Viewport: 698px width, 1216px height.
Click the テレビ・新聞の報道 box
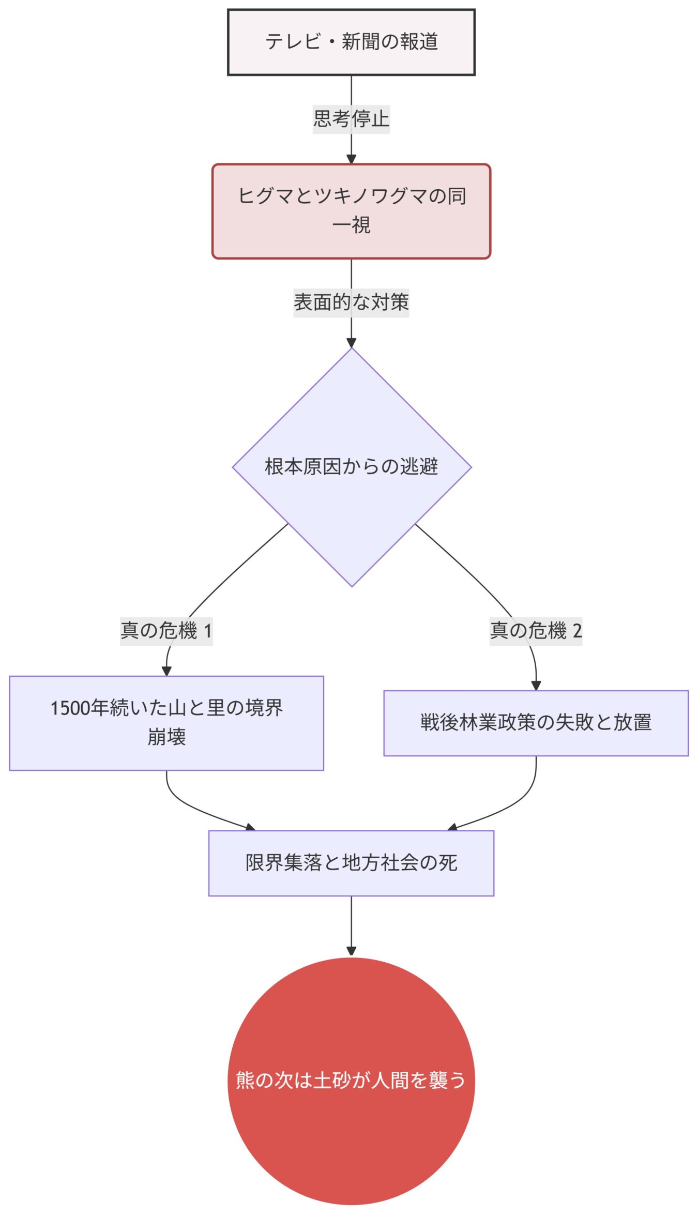point(351,42)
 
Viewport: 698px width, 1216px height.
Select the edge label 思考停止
point(351,119)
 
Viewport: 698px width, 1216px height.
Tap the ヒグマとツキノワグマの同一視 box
point(351,211)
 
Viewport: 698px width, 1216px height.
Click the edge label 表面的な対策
point(351,302)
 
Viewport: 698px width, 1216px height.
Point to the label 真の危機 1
point(166,631)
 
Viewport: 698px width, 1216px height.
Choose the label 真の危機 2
point(536,631)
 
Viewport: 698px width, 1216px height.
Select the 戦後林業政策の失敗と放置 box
point(536,723)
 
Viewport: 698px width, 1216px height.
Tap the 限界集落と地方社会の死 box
point(351,863)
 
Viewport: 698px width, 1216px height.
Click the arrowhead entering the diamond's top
point(351,343)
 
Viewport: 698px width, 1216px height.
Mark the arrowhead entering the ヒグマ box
point(351,159)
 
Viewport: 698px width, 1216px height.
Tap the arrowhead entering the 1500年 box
point(166,671)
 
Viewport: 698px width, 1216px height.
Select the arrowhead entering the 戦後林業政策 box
point(536,686)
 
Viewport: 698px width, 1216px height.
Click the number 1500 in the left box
point(70,708)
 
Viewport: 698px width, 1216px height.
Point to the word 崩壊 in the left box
point(166,737)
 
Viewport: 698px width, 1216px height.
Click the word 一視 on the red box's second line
point(351,225)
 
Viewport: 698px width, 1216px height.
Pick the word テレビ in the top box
point(293,42)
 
